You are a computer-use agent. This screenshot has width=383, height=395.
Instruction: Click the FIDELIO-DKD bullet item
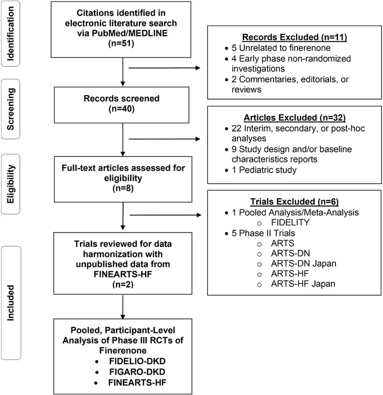pos(123,363)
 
